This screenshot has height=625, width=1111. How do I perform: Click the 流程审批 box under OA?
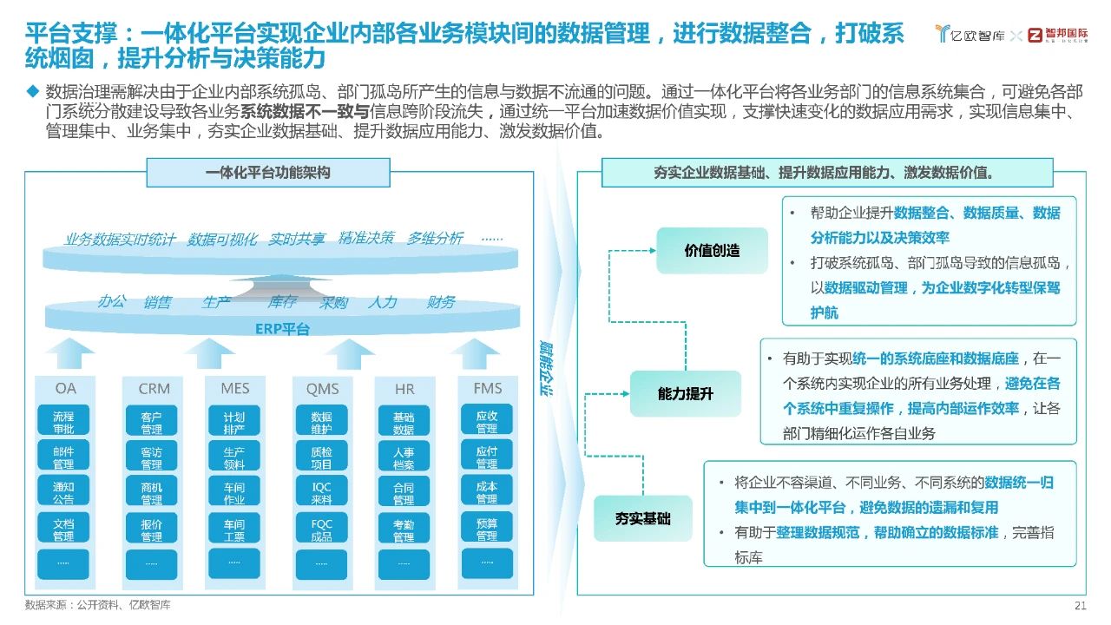click(x=63, y=422)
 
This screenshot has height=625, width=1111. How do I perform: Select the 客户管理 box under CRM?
click(x=151, y=422)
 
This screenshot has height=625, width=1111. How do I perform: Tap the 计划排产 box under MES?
click(x=233, y=422)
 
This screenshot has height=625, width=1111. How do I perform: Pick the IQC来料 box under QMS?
click(x=321, y=493)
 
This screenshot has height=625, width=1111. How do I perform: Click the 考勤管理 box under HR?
click(x=404, y=530)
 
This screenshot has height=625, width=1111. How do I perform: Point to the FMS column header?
click(x=488, y=388)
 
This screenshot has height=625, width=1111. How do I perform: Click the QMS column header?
click(x=322, y=388)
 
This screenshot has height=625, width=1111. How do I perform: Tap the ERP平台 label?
click(x=282, y=329)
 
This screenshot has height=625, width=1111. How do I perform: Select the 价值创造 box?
click(x=712, y=251)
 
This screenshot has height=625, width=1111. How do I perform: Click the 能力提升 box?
click(x=686, y=393)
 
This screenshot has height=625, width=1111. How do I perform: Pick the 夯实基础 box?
click(x=643, y=518)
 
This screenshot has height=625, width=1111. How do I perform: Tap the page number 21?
click(x=1081, y=605)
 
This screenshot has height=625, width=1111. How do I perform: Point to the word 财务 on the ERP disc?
click(x=441, y=302)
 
